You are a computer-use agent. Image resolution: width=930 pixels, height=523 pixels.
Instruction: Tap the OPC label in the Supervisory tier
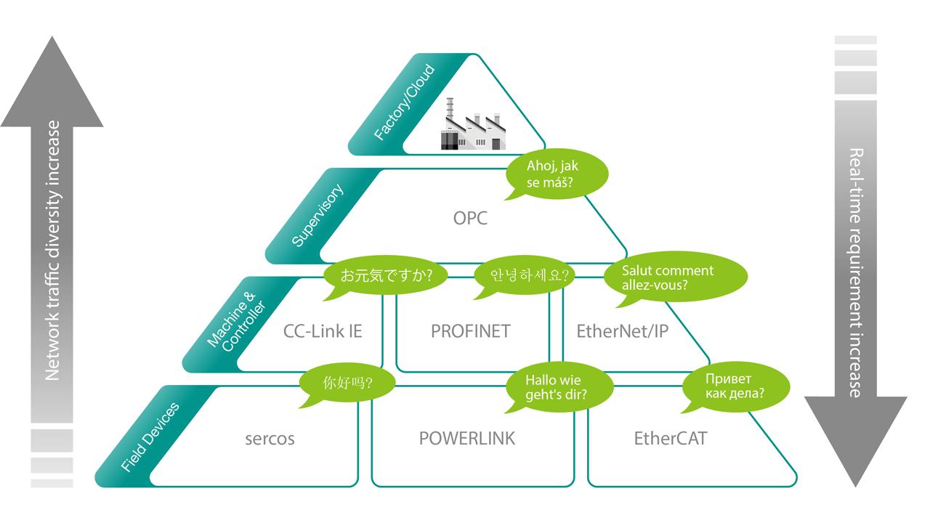coord(470,218)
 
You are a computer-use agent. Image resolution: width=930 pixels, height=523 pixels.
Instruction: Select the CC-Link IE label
coord(323,331)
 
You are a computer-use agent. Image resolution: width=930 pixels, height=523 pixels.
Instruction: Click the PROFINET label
coord(471,331)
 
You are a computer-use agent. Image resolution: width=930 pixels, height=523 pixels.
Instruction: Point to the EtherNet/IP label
coord(622,331)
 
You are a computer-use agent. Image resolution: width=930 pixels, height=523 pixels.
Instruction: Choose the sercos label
coord(270,439)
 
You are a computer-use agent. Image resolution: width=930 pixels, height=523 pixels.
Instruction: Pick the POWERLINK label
coord(467,439)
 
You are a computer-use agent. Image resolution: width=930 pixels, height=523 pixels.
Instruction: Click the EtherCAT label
coord(670,439)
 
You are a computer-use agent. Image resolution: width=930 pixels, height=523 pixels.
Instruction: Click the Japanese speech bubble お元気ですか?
coord(386,276)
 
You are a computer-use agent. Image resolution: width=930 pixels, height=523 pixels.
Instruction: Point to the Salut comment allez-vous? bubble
coord(674,277)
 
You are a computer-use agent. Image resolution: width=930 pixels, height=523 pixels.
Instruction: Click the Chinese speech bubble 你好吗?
coord(349,381)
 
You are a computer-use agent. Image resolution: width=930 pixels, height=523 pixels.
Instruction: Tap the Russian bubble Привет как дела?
coord(735,386)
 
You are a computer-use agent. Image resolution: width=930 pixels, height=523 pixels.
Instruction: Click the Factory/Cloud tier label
coord(404,102)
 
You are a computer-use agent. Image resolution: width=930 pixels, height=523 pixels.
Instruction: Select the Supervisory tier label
coord(318,216)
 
